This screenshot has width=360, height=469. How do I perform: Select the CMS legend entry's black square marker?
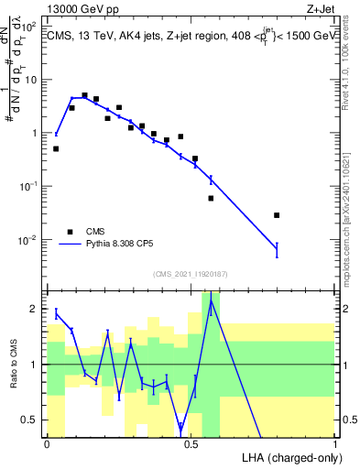click(69, 232)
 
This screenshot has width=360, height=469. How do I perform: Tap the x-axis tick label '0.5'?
click(191, 442)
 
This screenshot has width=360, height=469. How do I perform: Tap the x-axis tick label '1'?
click(334, 442)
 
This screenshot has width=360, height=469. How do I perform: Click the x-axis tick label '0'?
click(47, 442)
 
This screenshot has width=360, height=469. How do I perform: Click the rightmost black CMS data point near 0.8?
click(277, 215)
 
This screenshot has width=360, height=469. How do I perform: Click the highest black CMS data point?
click(84, 95)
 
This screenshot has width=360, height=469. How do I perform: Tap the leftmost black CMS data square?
click(56, 148)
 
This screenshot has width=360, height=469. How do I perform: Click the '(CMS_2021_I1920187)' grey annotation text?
click(190, 273)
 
